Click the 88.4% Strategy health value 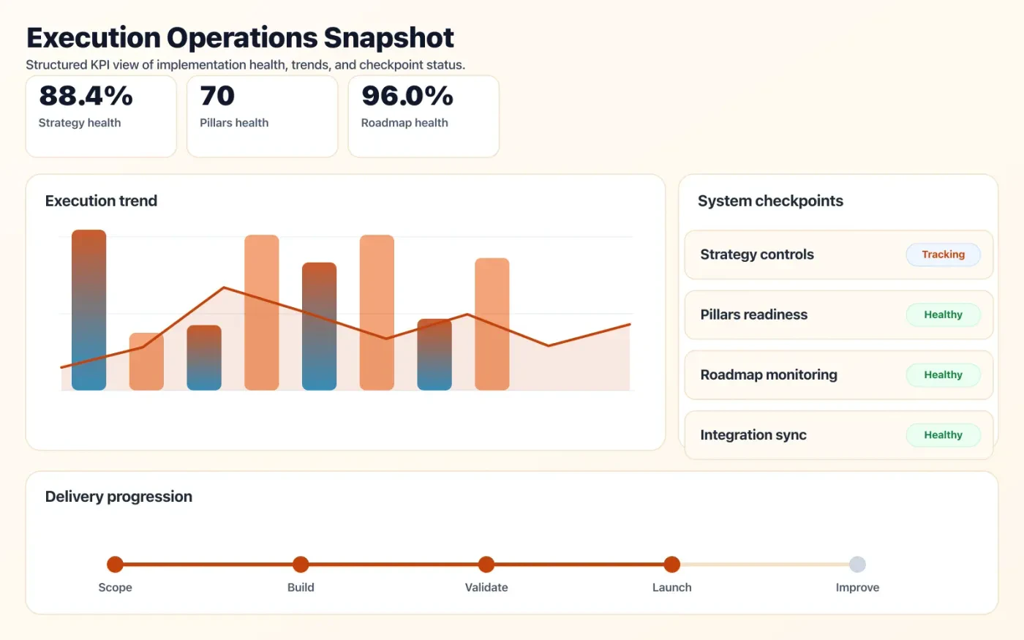point(86,96)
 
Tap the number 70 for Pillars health point(217,96)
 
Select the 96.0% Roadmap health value point(407,96)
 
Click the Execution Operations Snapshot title point(240,38)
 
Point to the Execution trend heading point(101,201)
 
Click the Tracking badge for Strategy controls point(943,255)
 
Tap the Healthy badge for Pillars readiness point(943,315)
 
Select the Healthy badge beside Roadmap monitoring point(943,374)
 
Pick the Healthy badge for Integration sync point(943,434)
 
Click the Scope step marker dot point(115,564)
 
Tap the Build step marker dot point(301,564)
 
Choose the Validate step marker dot point(486,564)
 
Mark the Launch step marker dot point(671,564)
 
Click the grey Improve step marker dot point(857,564)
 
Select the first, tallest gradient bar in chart point(89,309)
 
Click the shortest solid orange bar point(146,361)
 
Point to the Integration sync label point(753,435)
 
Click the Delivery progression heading point(118,497)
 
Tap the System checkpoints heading point(770,201)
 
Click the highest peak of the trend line point(224,287)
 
